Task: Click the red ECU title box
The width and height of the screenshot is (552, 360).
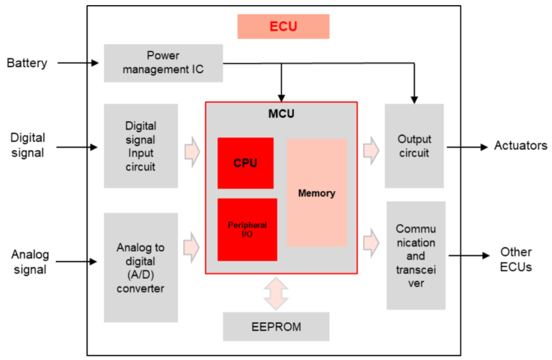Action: pos(283,27)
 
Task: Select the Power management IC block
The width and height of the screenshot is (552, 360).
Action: pos(163,63)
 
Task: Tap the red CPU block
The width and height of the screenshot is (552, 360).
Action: pos(245,163)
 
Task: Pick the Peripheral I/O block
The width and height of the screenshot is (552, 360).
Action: pos(247,230)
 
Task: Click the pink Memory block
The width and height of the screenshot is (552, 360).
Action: pos(317,193)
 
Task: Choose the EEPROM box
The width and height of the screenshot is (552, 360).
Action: pos(276,326)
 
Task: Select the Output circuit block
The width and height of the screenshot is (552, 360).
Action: pos(415,146)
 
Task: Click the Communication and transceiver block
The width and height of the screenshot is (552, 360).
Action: pos(416,255)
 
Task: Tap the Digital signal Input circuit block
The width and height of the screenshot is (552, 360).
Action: pos(141,146)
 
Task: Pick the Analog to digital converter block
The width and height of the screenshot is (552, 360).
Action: pos(141,267)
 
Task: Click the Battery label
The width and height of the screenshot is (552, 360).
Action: pos(27,63)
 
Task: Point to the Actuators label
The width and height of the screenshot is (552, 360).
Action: pos(520,146)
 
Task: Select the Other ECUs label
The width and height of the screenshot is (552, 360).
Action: pos(516,259)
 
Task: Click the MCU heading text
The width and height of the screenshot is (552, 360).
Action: pos(281,114)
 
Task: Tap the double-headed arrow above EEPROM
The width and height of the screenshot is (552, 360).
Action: pos(276,293)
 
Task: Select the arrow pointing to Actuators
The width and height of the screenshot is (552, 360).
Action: pos(467,147)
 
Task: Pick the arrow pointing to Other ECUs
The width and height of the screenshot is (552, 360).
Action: pos(467,255)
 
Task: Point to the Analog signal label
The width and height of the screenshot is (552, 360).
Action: pos(30,262)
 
